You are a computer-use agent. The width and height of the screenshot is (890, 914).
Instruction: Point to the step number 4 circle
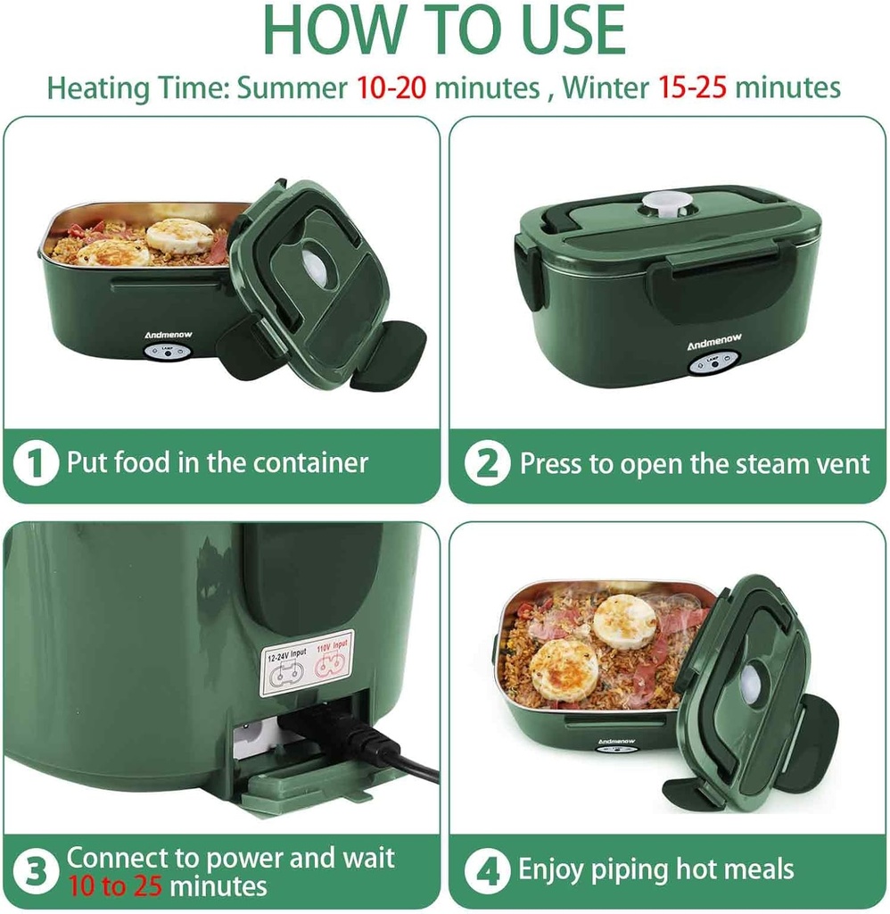[x=487, y=870]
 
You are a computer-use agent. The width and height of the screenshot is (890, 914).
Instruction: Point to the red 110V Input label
[x=332, y=645]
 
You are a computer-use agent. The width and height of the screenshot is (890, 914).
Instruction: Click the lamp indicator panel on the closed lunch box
[x=713, y=362]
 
